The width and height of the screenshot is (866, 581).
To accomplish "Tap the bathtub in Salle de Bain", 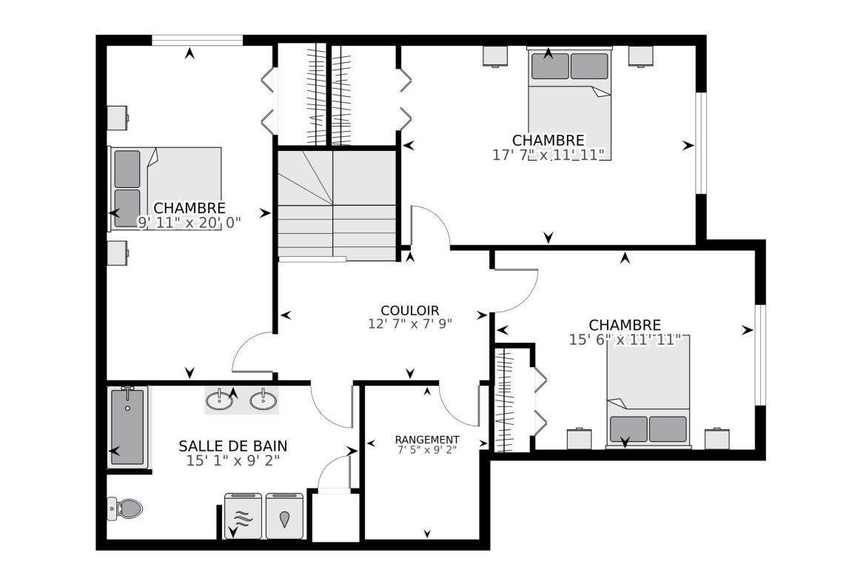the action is point(127,426).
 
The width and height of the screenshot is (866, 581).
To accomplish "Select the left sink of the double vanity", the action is point(219,400).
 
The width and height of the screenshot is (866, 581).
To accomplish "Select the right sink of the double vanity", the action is point(264,400).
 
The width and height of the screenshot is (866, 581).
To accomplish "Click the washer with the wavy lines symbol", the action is point(243,516).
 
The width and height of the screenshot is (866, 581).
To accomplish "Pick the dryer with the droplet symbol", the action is point(284,516).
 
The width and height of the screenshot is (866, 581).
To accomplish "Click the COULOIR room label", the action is point(410,311).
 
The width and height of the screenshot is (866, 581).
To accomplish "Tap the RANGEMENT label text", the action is point(427,440).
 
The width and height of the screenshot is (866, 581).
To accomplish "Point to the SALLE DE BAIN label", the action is point(232,446).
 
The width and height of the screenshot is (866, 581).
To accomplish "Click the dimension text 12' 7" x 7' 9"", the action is point(410,323).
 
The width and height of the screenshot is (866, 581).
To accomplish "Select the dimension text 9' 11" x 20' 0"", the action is point(189,223).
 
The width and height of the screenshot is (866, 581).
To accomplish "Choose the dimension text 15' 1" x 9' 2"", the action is point(232,460).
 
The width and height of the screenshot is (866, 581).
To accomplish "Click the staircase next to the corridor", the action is point(337,205).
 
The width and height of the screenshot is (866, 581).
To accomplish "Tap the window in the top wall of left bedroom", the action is point(197,40).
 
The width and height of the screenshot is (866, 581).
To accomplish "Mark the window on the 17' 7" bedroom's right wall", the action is point(701,143).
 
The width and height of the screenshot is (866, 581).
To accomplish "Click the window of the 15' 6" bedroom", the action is point(760,355).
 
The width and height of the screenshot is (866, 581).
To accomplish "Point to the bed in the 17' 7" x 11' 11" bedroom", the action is point(569,104).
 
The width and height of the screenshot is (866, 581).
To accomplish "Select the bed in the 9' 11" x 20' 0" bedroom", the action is point(165,188).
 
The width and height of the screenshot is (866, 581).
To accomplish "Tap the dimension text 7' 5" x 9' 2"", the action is point(427,449).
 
